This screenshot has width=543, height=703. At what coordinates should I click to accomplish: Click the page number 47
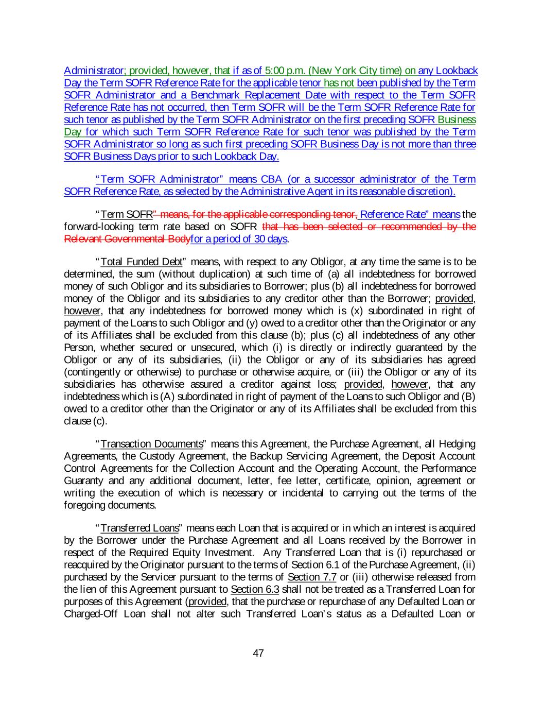coord(258,654)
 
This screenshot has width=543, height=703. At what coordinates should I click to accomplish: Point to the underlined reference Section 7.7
coord(312,577)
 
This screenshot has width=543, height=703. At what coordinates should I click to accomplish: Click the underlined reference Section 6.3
coord(255,589)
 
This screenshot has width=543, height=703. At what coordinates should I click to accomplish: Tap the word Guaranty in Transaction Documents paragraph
coord(82,481)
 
